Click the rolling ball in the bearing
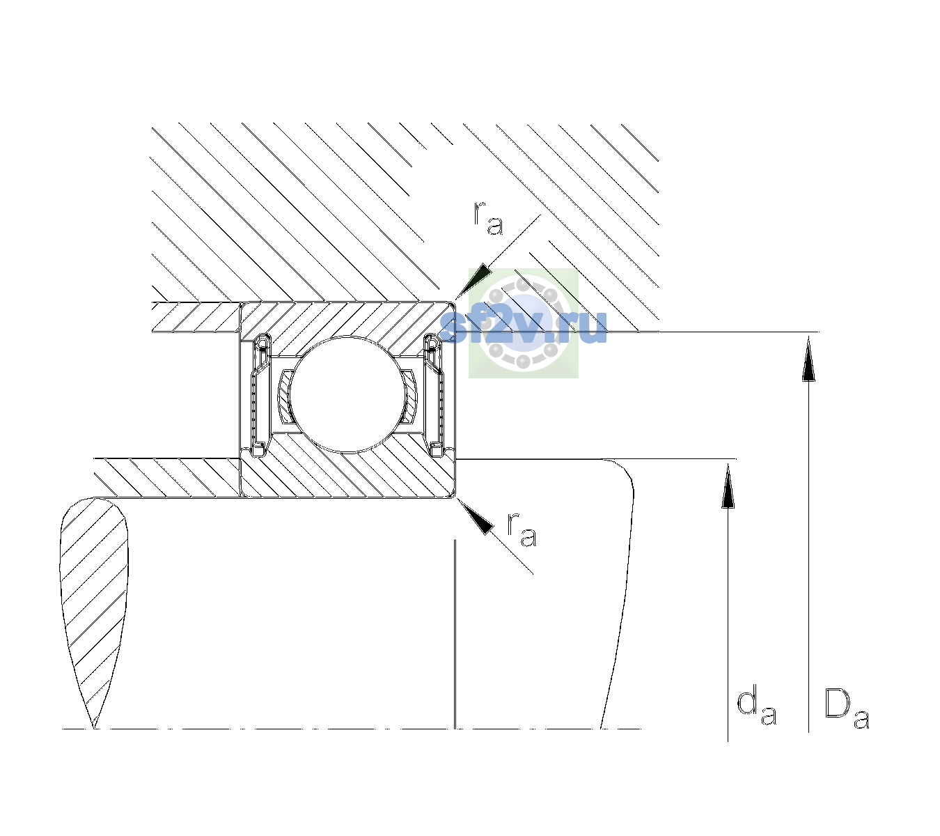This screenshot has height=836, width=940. pos(347,394)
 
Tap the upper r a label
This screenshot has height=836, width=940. pos(488,218)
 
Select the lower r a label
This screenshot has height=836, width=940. pos(522,529)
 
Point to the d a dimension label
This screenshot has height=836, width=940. pos(757,707)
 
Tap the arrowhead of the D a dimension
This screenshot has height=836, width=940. pos(808,359)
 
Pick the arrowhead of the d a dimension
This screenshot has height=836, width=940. pos(728,486)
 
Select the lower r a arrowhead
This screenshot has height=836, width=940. pos(475,517)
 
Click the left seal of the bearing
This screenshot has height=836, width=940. pos(260,394)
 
